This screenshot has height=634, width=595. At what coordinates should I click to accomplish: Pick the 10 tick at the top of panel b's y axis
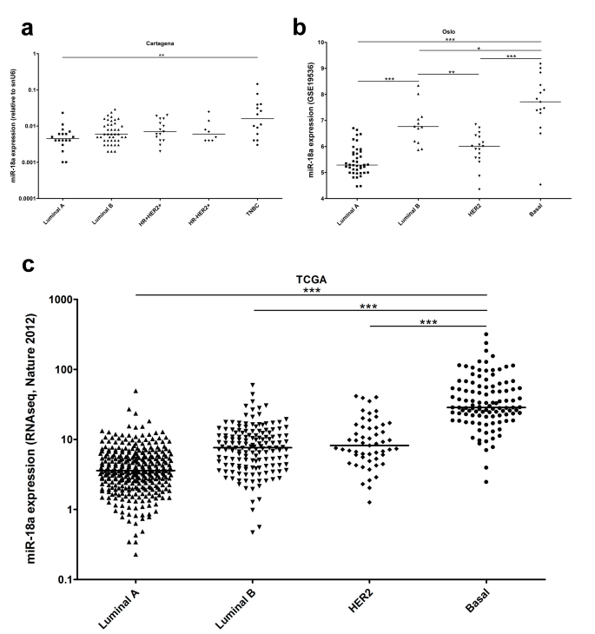pos(321,42)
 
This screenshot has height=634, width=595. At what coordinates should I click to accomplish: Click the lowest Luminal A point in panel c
pos(136,554)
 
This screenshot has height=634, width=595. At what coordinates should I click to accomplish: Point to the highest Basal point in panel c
pos(486,334)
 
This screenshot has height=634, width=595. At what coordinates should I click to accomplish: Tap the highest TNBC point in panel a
pos(257,84)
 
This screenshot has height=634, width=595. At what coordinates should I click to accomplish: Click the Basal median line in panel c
pos(486,407)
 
